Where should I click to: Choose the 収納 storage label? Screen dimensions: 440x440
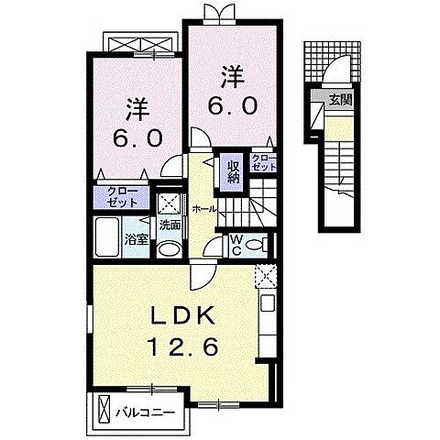(x=233, y=171)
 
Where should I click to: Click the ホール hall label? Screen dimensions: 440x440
(x=204, y=209)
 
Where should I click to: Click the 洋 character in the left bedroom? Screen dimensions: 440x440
(x=135, y=108)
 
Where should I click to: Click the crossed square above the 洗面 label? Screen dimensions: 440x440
(x=168, y=203)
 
